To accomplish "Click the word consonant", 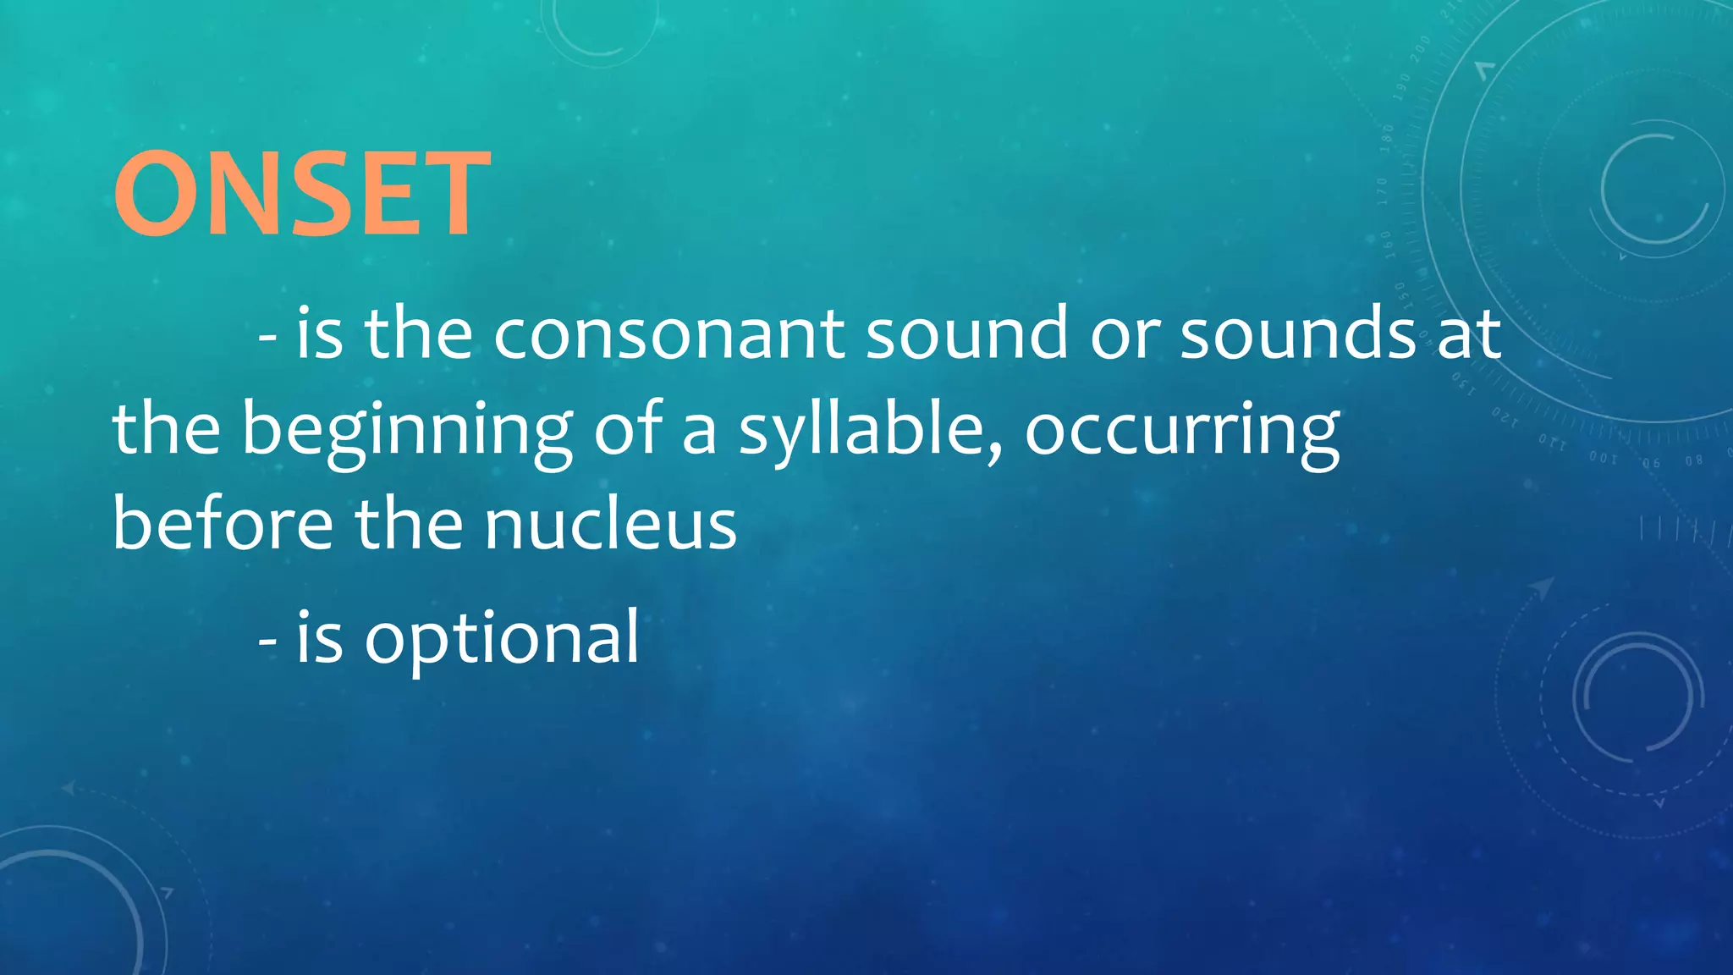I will (668, 333).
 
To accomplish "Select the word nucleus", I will (610, 525).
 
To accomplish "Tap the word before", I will (223, 525).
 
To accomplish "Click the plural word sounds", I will (1298, 333).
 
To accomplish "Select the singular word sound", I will (967, 333).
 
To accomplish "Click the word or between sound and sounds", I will (1125, 335).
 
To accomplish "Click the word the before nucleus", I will (409, 525).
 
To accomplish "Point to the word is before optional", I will (319, 640).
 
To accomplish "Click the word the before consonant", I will (418, 333).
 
